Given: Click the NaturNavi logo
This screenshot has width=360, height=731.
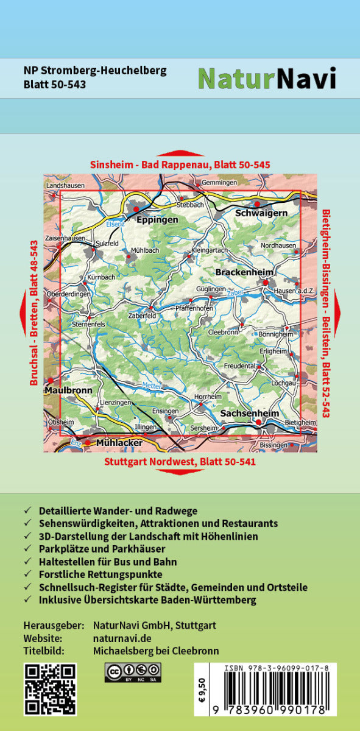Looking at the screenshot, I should click(x=267, y=78).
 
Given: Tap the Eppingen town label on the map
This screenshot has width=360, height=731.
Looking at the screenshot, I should click(x=157, y=219).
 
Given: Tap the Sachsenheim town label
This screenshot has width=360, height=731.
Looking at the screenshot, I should click(x=249, y=413).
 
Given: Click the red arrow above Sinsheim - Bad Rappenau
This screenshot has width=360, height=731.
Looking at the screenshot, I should click(x=180, y=154).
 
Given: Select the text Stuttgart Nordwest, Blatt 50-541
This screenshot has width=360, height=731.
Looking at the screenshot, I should click(x=180, y=462).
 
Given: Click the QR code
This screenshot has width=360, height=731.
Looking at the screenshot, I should click(x=50, y=688).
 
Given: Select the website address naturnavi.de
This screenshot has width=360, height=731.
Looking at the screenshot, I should click(x=122, y=638).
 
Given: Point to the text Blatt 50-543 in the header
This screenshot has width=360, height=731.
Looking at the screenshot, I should click(x=54, y=85).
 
